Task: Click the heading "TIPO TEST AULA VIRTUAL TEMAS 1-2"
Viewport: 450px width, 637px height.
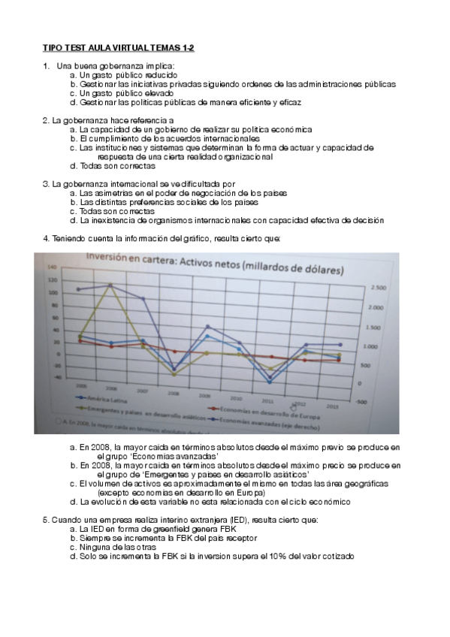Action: (x=118, y=47)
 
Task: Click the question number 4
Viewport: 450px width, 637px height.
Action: (x=46, y=239)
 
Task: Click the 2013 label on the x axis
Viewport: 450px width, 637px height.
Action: (x=333, y=406)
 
